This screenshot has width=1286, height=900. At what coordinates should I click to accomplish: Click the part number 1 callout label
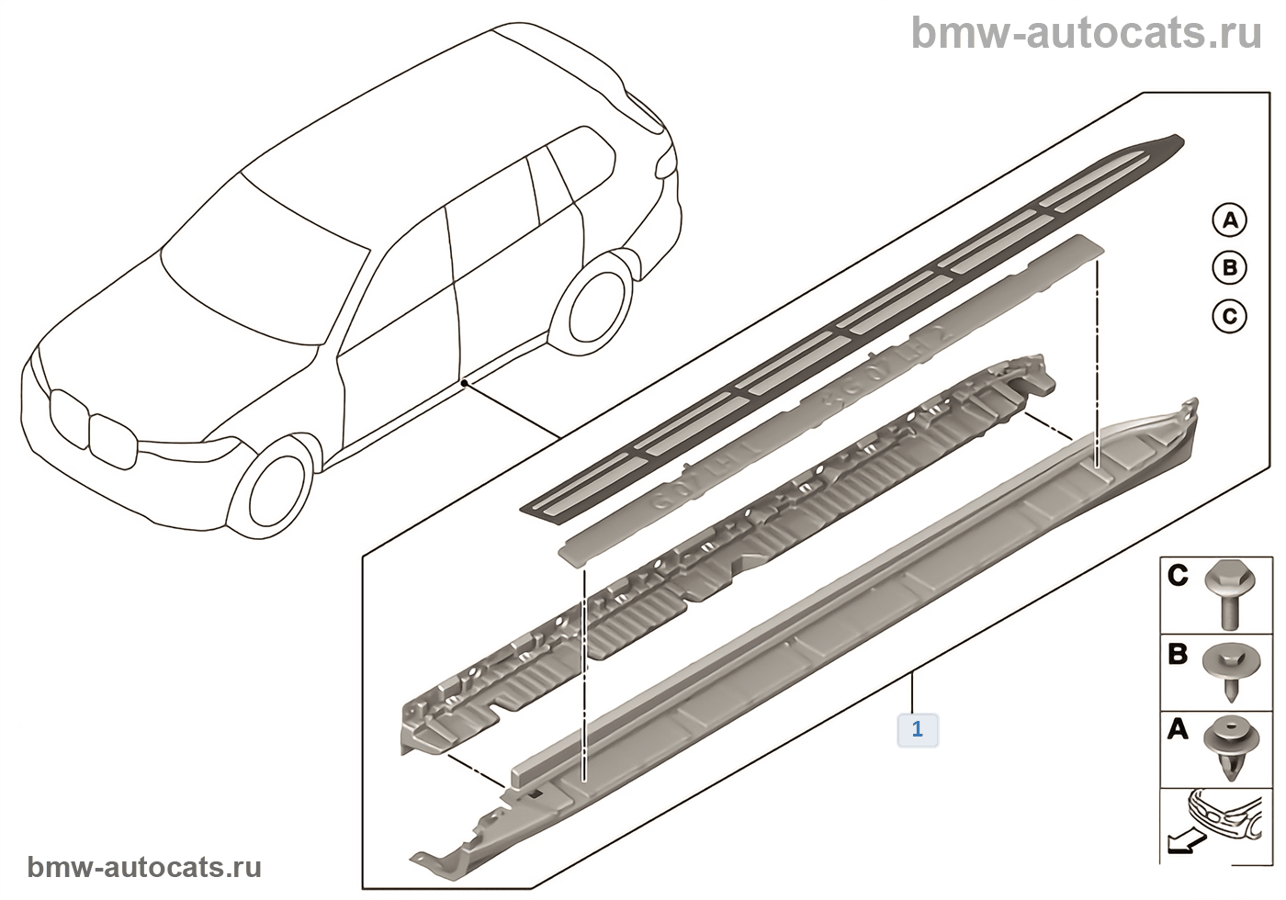coord(917,730)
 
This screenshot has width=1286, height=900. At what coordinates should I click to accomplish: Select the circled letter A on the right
coord(1229,220)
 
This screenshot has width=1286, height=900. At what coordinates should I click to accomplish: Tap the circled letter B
coord(1229,268)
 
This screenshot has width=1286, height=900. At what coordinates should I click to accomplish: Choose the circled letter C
coord(1229,317)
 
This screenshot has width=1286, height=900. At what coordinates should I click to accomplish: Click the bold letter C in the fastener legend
coord(1178,577)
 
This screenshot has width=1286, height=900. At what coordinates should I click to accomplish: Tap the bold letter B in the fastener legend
coord(1178,655)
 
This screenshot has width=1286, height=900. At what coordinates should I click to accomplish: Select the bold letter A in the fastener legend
coord(1178,731)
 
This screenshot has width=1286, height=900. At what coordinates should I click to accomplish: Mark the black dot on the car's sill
coord(466,380)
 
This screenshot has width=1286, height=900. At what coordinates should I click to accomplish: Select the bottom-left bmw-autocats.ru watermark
coord(144,867)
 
